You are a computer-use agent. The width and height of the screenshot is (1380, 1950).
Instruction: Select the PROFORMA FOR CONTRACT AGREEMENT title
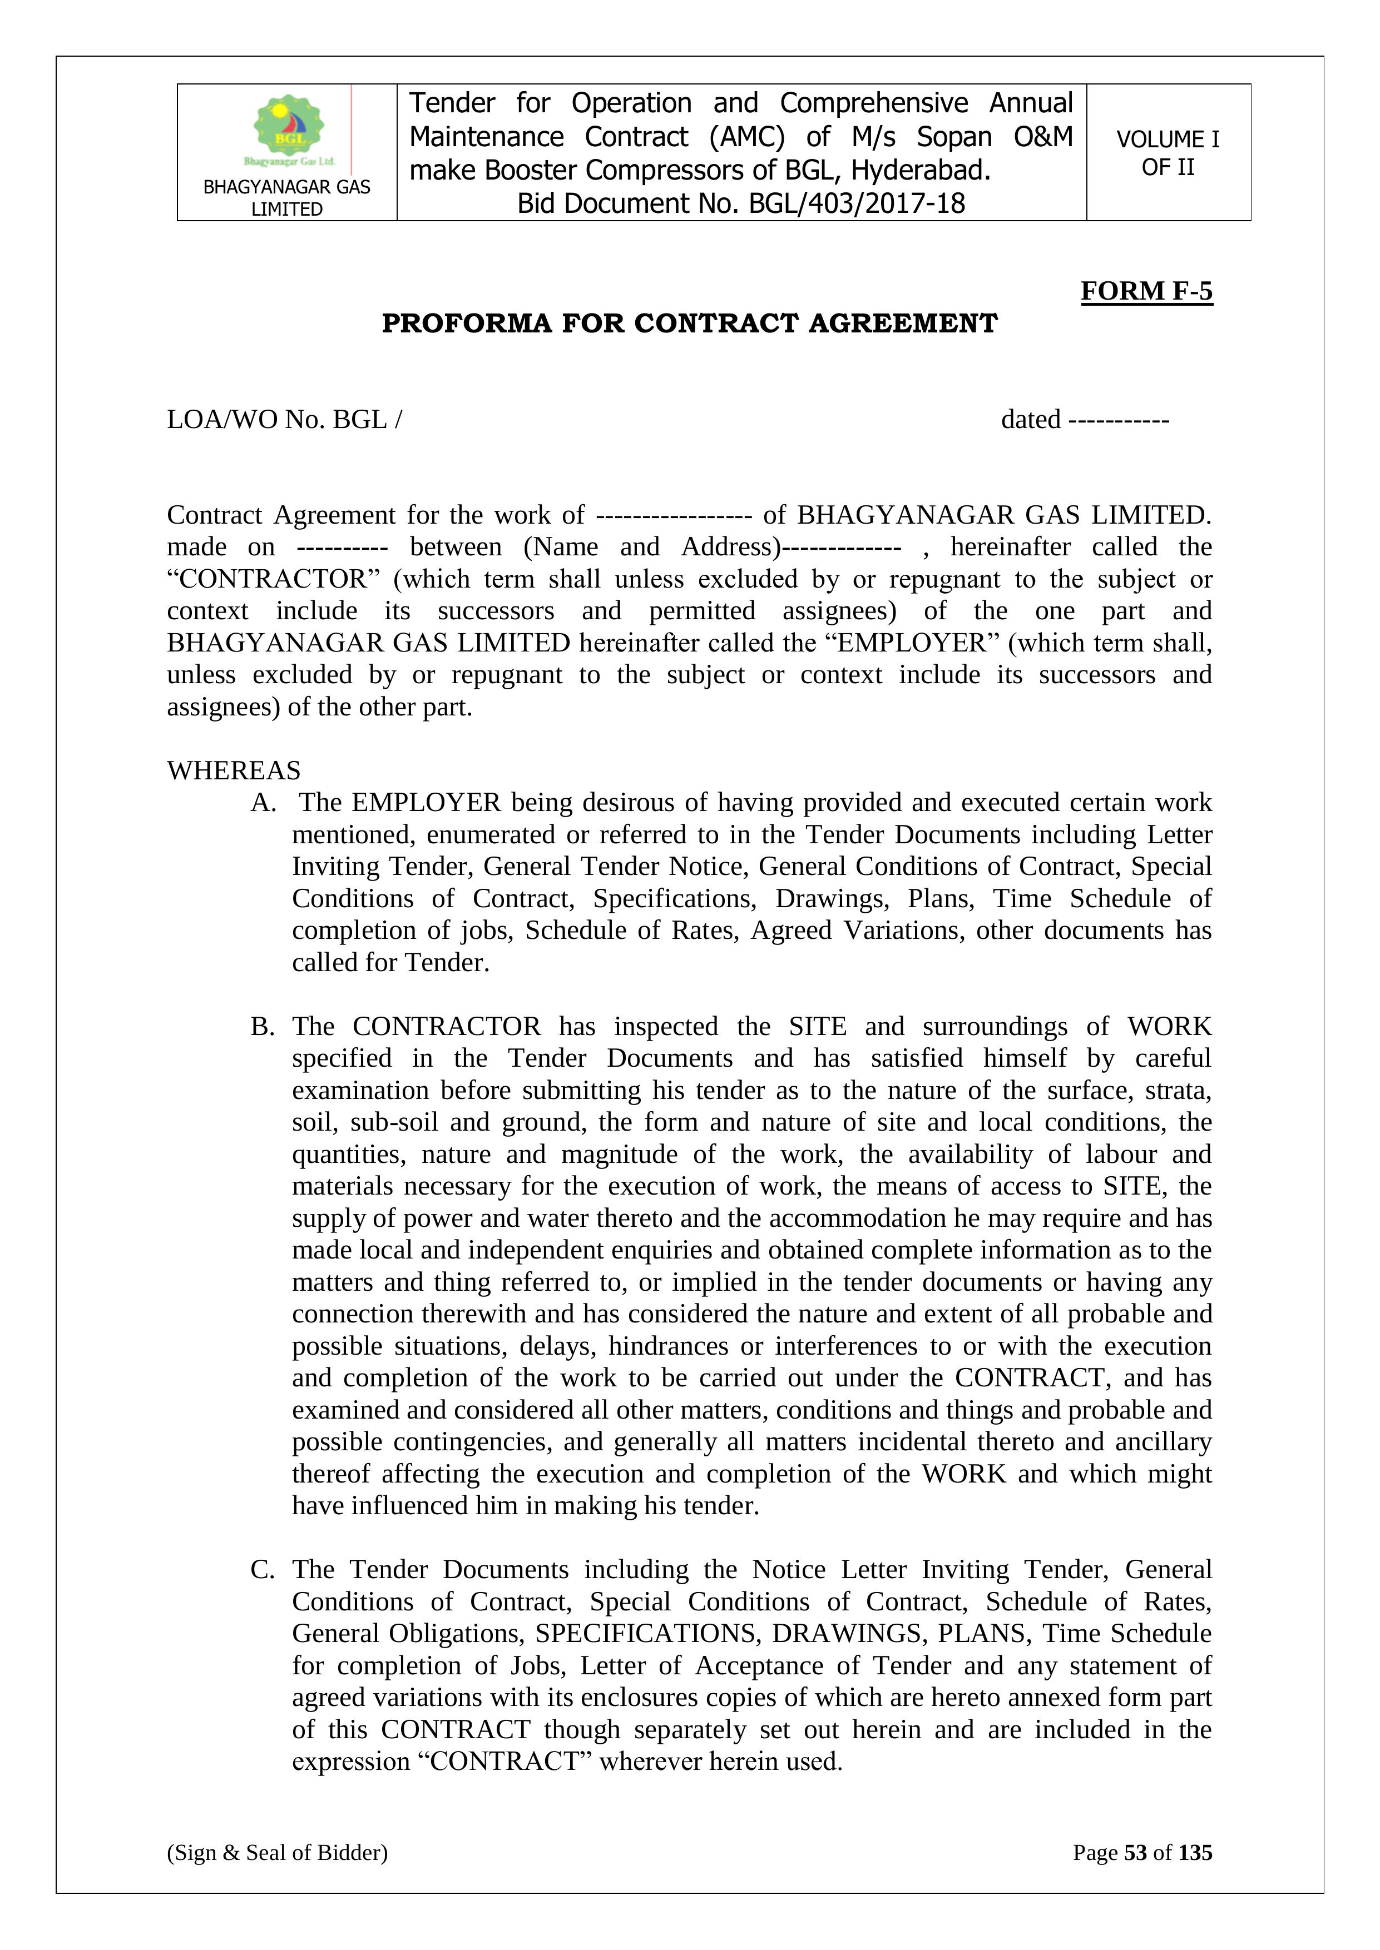click(x=689, y=324)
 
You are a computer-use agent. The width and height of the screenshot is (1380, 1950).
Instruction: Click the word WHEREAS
click(x=234, y=770)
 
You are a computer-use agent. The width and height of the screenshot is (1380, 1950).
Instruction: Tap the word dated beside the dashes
click(x=1030, y=420)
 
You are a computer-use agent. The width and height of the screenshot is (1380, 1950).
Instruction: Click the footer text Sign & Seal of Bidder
click(x=277, y=1852)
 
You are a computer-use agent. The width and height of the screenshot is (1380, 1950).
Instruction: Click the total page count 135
click(x=1195, y=1852)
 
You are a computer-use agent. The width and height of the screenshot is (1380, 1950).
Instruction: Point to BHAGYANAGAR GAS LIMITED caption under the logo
click(x=286, y=198)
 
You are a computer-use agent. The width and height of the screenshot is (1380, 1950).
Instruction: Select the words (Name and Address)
click(x=652, y=547)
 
